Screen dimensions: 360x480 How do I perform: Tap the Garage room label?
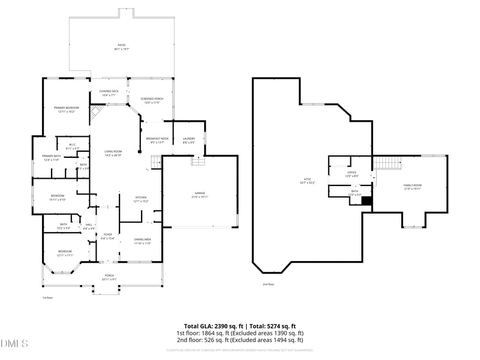click(x=200, y=194)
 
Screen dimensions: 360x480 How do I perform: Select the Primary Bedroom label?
click(x=66, y=109)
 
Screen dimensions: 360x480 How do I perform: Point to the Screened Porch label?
click(x=152, y=100)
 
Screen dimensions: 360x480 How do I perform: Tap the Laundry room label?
click(x=188, y=140)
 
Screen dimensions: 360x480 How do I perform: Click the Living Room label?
click(x=113, y=152)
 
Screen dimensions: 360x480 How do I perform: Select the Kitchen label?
click(x=140, y=199)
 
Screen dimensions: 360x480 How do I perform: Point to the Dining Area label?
click(x=142, y=241)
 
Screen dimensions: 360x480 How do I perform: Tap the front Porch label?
click(x=109, y=277)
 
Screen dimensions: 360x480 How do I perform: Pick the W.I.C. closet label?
click(x=71, y=146)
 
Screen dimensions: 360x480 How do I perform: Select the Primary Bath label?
click(x=51, y=157)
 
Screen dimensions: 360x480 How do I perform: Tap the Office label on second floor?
click(x=352, y=173)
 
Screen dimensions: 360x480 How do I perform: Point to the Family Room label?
click(x=412, y=187)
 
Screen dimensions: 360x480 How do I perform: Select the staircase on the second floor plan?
click(x=386, y=161)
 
